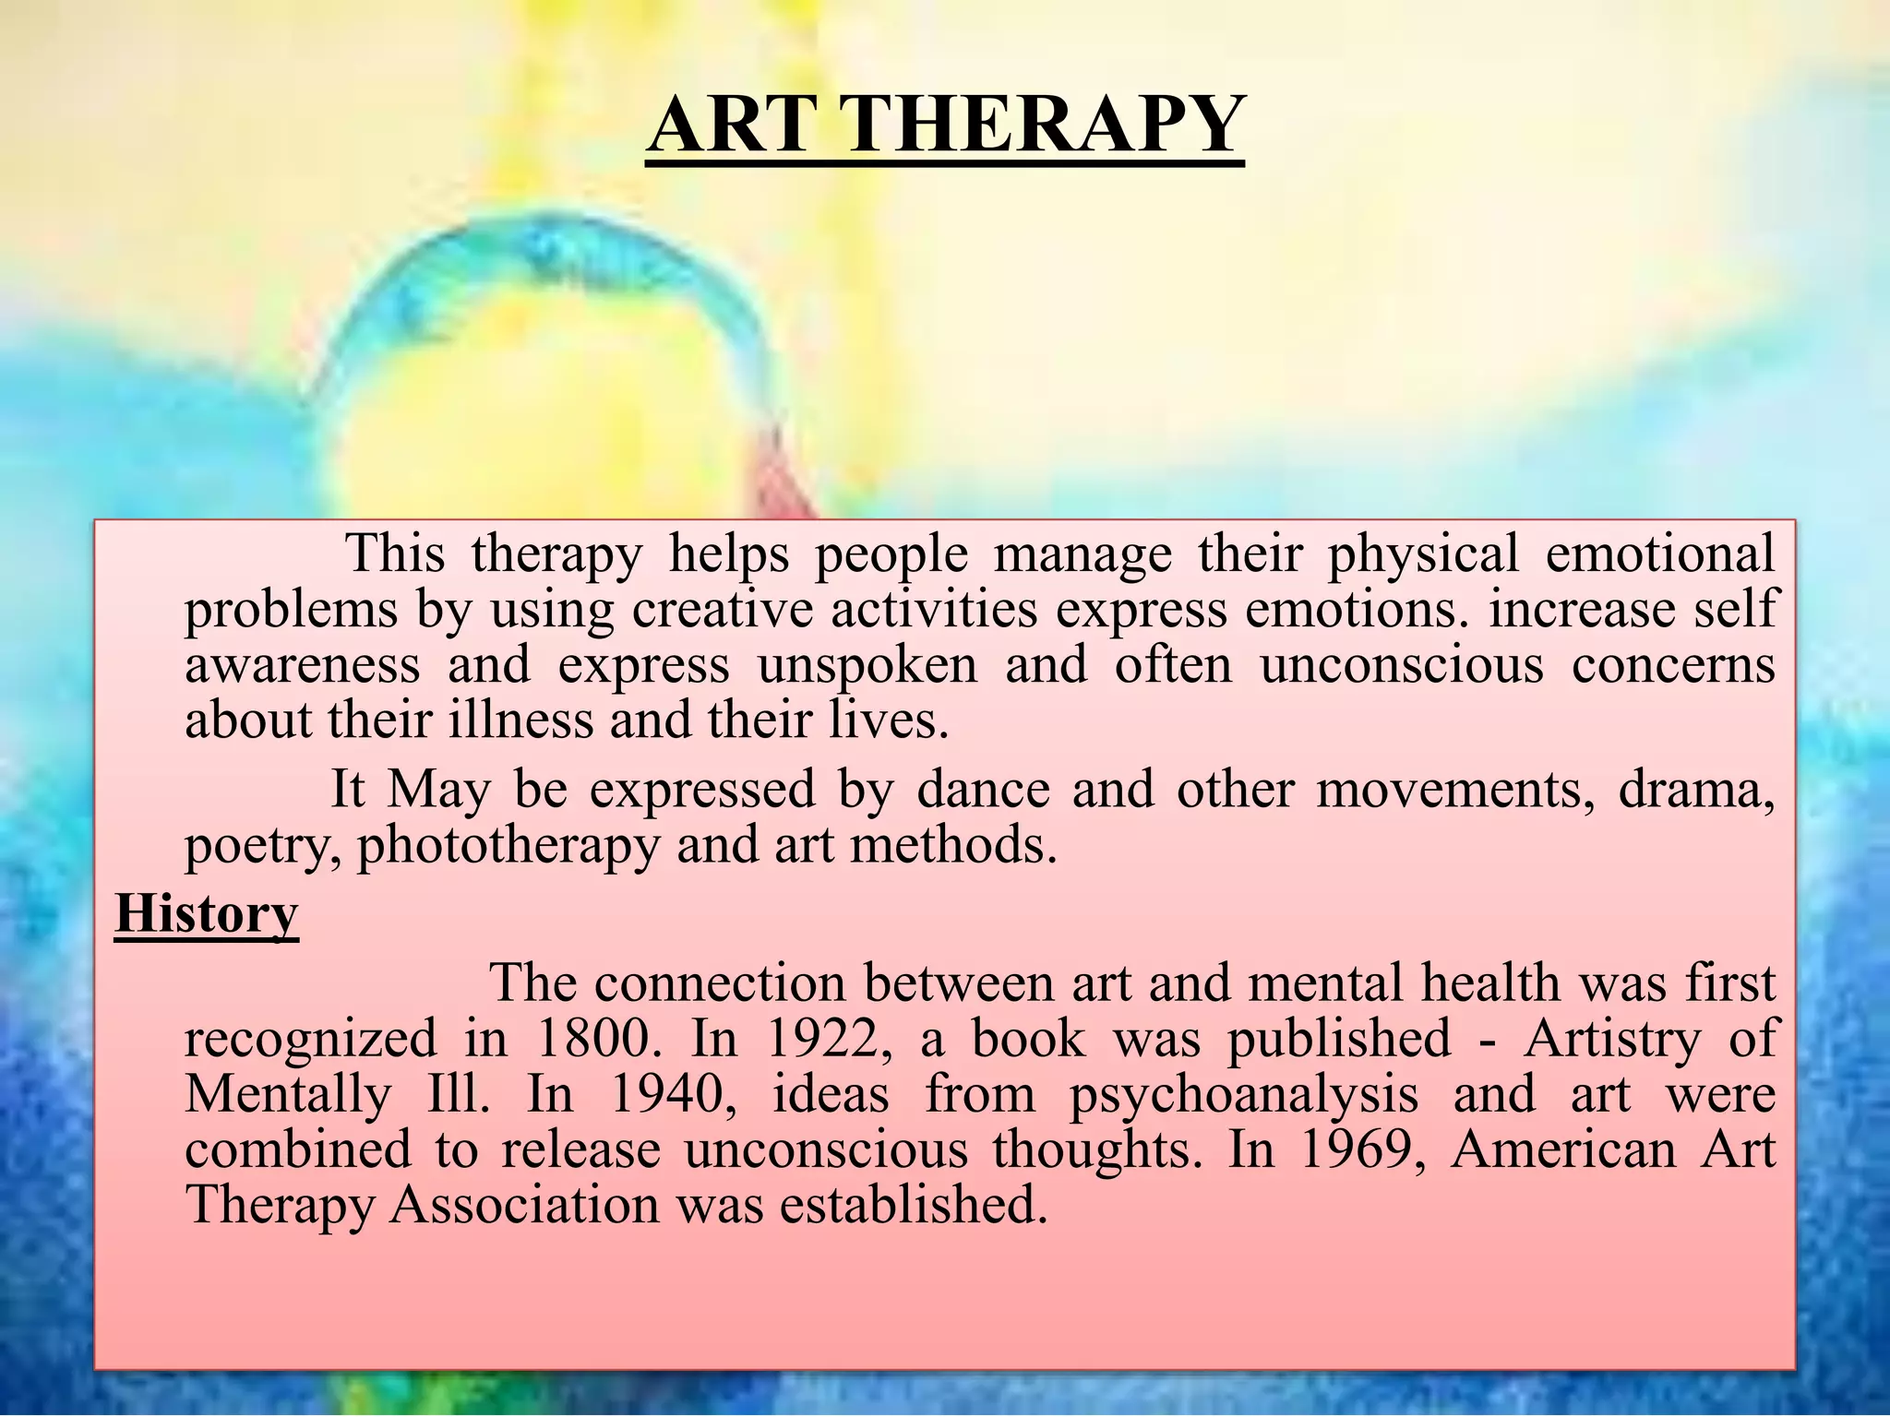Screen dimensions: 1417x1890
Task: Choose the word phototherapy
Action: pos(508,845)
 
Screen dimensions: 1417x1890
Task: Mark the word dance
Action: pos(983,790)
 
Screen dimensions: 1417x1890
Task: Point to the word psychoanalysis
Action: pos(1243,1096)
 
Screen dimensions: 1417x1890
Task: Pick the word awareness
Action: pos(303,666)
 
